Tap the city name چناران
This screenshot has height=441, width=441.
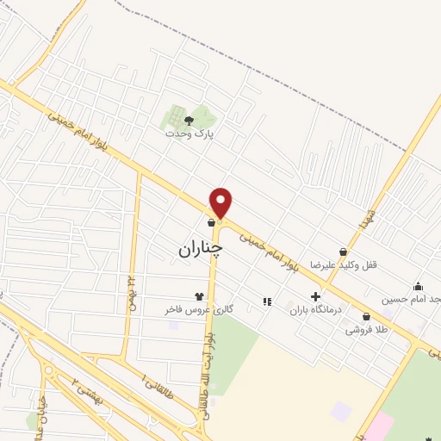point(200,249)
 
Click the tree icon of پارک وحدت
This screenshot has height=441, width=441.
point(189,121)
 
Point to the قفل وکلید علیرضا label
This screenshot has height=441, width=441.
point(351,264)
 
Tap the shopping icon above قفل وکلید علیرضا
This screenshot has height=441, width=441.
point(344,252)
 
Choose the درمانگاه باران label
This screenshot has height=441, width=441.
point(315,308)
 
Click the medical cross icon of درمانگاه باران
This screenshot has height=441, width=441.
point(316,296)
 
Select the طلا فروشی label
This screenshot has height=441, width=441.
point(365,329)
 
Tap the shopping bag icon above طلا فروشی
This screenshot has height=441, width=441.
point(367,316)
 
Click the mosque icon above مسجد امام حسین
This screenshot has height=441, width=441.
point(419,287)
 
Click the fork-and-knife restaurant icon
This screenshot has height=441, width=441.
point(267,301)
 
